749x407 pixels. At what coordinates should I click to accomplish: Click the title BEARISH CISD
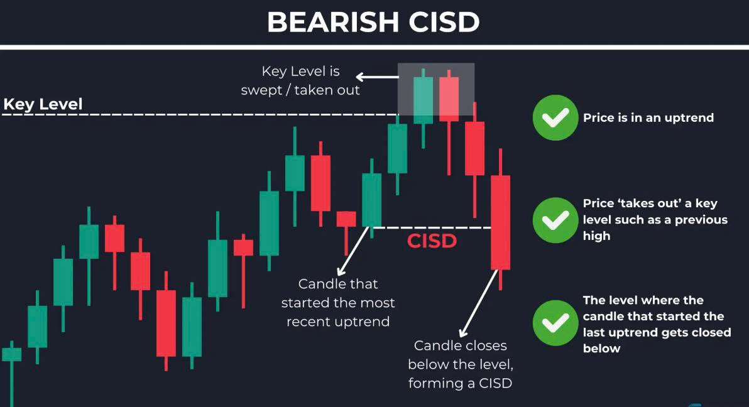pyautogui.click(x=373, y=22)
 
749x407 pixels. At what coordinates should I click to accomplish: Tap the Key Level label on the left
pyautogui.click(x=43, y=104)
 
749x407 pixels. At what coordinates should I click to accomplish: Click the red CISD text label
pyautogui.click(x=432, y=241)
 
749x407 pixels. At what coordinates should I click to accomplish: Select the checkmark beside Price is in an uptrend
pyautogui.click(x=555, y=117)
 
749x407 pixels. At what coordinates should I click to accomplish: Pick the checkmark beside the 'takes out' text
pyautogui.click(x=555, y=220)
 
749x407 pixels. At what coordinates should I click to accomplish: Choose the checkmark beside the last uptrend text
pyautogui.click(x=555, y=323)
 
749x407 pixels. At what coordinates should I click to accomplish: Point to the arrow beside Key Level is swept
pyautogui.click(x=378, y=77)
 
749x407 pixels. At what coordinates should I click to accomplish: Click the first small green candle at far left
pyautogui.click(x=11, y=354)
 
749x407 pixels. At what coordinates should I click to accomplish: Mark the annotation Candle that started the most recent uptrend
pyautogui.click(x=338, y=302)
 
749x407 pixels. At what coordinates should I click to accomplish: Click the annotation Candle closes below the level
pyautogui.click(x=461, y=364)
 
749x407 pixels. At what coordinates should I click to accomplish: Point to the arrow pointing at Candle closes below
pyautogui.click(x=478, y=303)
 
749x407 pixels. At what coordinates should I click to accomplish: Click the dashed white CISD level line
pyautogui.click(x=432, y=228)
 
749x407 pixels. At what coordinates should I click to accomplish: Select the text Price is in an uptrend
pyautogui.click(x=648, y=118)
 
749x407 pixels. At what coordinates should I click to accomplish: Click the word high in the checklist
pyautogui.click(x=596, y=236)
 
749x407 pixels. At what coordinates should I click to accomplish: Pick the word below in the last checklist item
pyautogui.click(x=601, y=348)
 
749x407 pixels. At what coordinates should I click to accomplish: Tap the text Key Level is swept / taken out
pyautogui.click(x=300, y=81)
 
